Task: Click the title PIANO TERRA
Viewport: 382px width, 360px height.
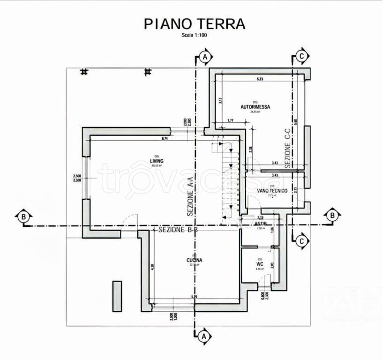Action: coord(194,23)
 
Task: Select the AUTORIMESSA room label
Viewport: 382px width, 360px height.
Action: coord(255,107)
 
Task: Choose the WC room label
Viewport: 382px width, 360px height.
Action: coord(260,264)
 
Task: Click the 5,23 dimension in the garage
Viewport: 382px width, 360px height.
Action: coord(260,79)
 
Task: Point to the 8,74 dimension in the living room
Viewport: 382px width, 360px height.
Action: coord(164,139)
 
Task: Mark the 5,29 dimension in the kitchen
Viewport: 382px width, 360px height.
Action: coord(194,297)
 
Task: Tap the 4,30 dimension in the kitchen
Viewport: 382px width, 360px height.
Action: coord(152,266)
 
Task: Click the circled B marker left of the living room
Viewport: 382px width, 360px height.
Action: coord(22,217)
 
